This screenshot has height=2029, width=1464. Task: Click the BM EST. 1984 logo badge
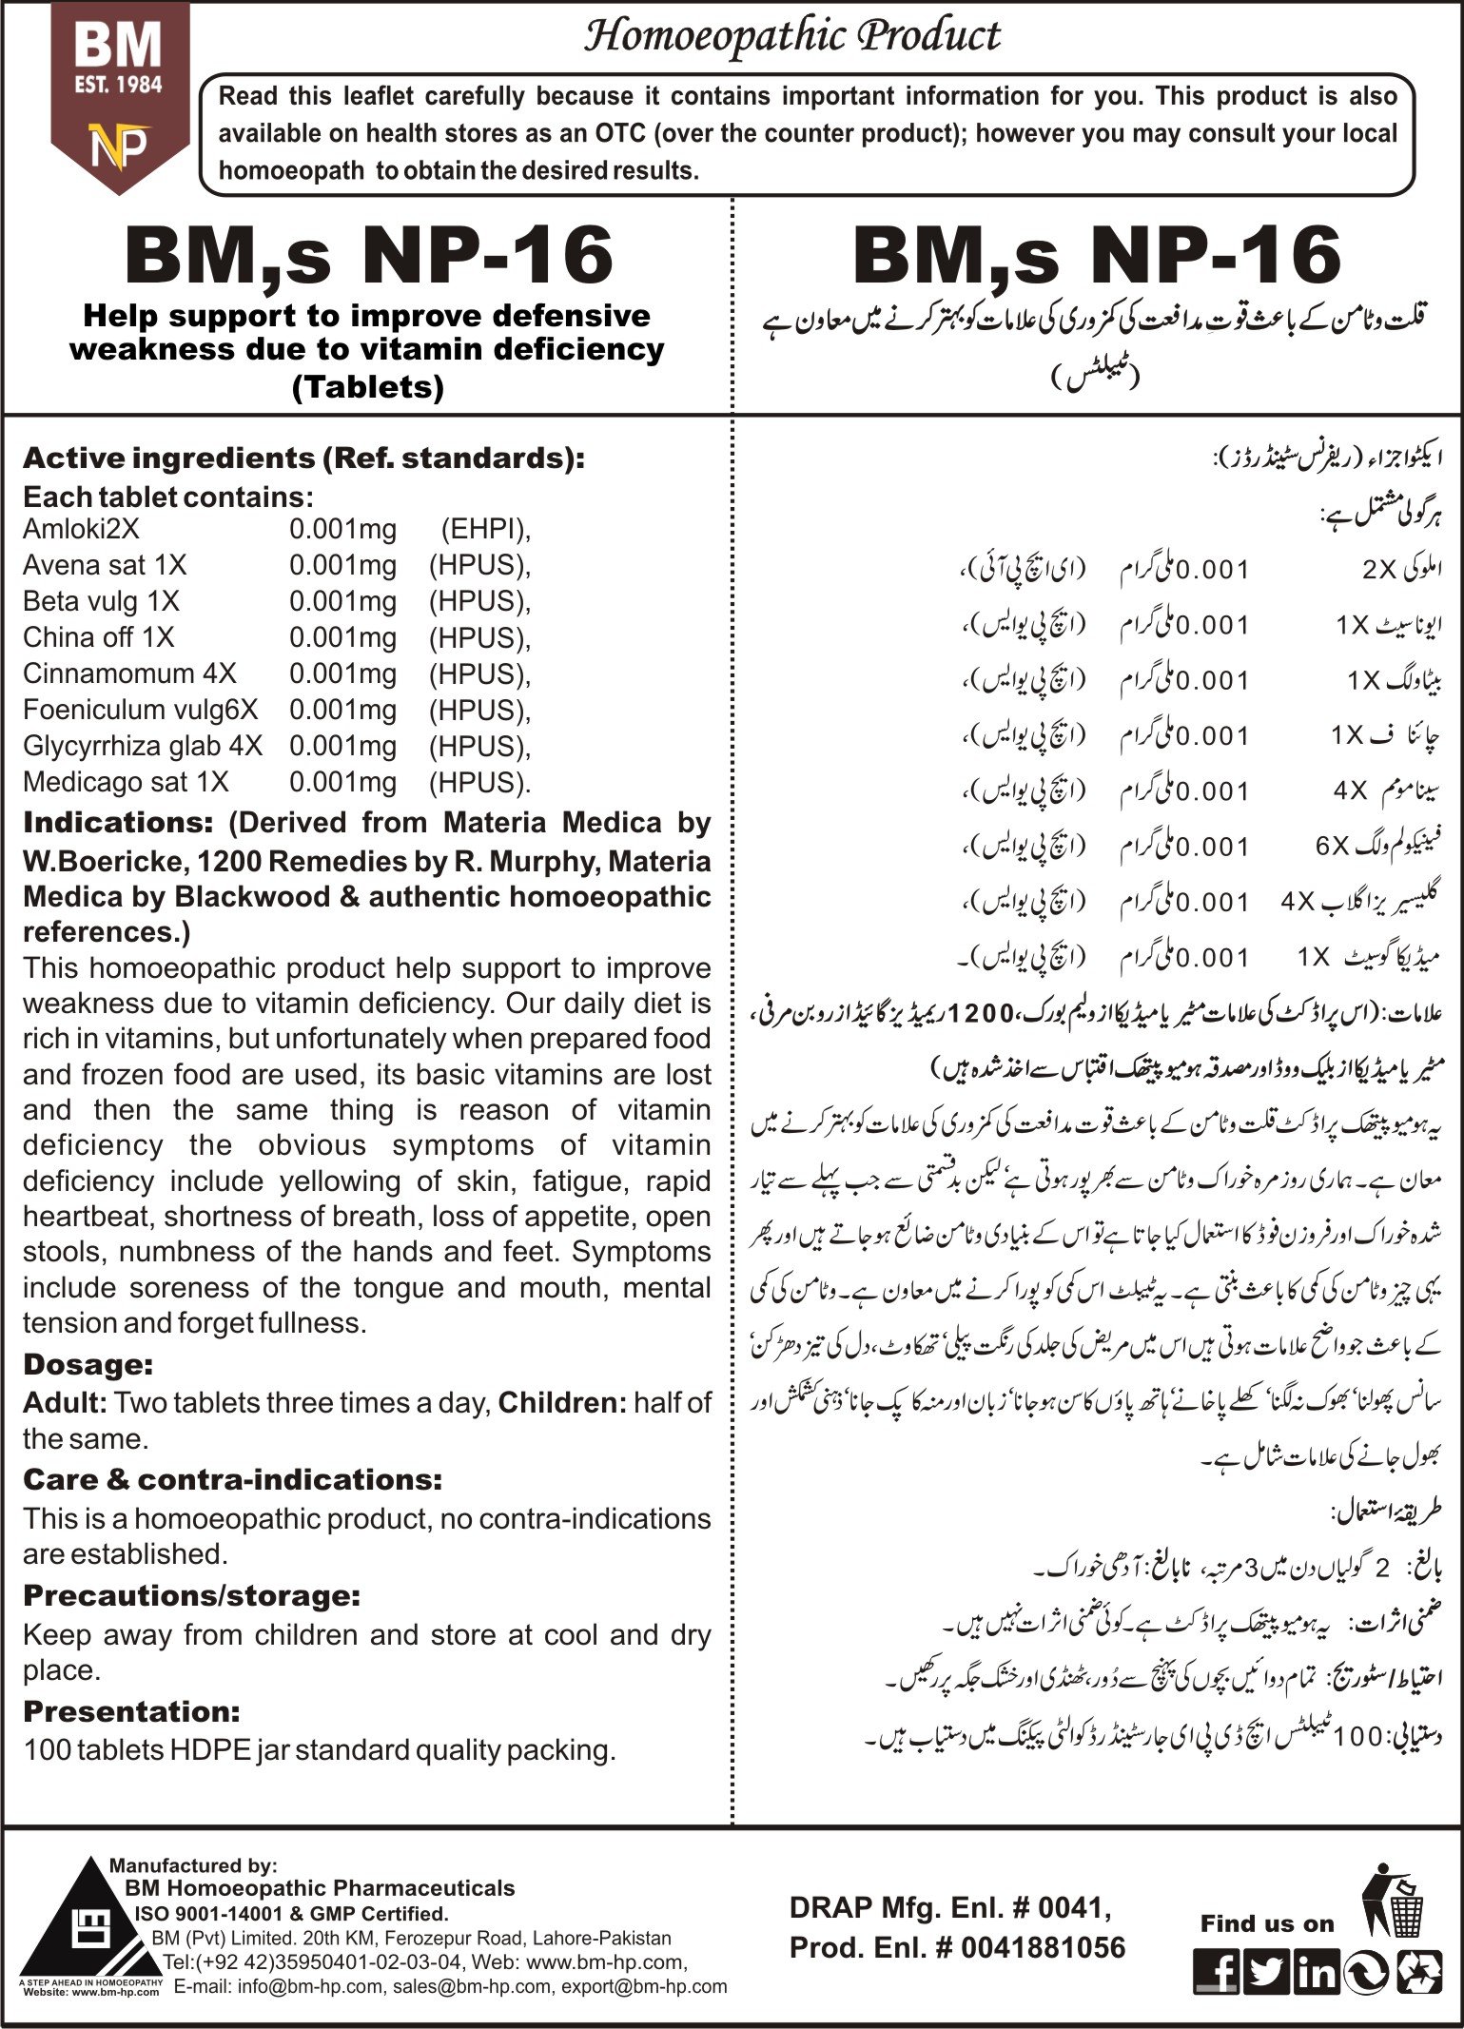pyautogui.click(x=119, y=95)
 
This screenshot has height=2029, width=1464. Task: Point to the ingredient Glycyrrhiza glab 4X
pyautogui.click(x=143, y=746)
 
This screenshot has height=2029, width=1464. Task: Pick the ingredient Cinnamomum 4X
pyautogui.click(x=129, y=673)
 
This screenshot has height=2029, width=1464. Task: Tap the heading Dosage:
pyautogui.click(x=88, y=1365)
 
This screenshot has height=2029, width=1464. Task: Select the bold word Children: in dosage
pyautogui.click(x=562, y=1402)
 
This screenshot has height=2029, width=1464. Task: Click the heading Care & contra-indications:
pyautogui.click(x=233, y=1480)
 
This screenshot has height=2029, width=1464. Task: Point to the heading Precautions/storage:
pyautogui.click(x=191, y=1595)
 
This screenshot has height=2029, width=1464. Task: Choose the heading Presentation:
pyautogui.click(x=131, y=1711)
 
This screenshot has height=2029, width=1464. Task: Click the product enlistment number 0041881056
pyautogui.click(x=1043, y=1947)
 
